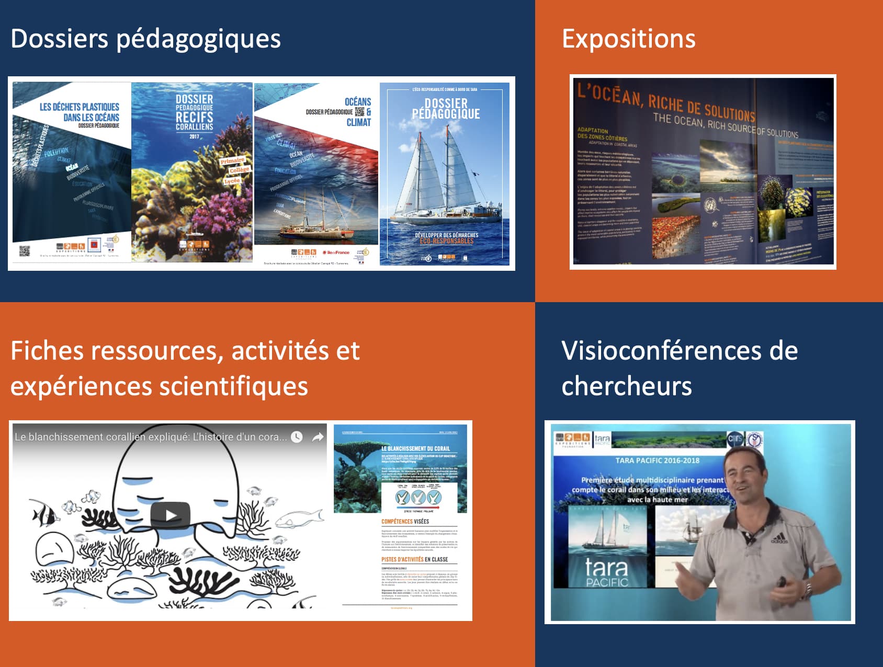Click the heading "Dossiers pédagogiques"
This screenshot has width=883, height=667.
145,39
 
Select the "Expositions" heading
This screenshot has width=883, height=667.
628,39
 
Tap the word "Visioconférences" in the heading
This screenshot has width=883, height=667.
661,351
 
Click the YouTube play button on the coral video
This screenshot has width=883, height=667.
170,515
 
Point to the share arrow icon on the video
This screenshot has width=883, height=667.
318,437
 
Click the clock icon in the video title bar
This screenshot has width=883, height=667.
297,437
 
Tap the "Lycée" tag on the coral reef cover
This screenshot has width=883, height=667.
232,181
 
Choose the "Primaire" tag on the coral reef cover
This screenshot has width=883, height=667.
232,160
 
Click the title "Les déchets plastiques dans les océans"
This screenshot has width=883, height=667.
80,112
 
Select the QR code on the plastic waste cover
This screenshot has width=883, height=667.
25,251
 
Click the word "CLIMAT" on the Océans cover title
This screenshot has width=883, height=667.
358,122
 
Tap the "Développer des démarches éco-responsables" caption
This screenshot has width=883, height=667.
446,238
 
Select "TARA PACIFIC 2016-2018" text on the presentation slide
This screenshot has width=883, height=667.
657,461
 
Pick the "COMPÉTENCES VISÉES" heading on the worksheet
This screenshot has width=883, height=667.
405,521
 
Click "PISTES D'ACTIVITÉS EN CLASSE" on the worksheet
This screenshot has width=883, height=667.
414,559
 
